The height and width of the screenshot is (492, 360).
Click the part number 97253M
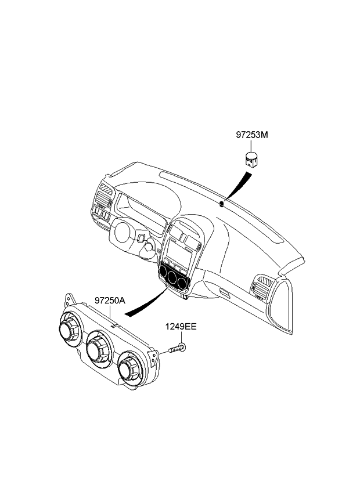tap(252, 135)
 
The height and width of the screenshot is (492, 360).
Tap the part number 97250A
tap(110, 301)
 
